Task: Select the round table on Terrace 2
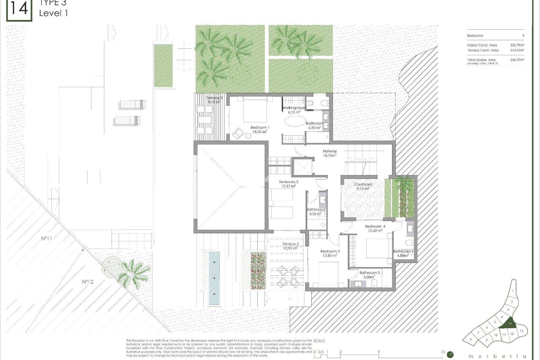coord(289,277)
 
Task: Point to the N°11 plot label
coord(47,238)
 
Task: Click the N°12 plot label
coord(87,282)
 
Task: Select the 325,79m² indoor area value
coord(517,45)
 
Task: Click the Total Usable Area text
coord(481,60)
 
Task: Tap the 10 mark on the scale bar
coord(443,352)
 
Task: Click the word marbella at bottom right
coord(497,356)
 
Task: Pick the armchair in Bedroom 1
coord(238,133)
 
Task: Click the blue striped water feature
coord(214,278)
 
